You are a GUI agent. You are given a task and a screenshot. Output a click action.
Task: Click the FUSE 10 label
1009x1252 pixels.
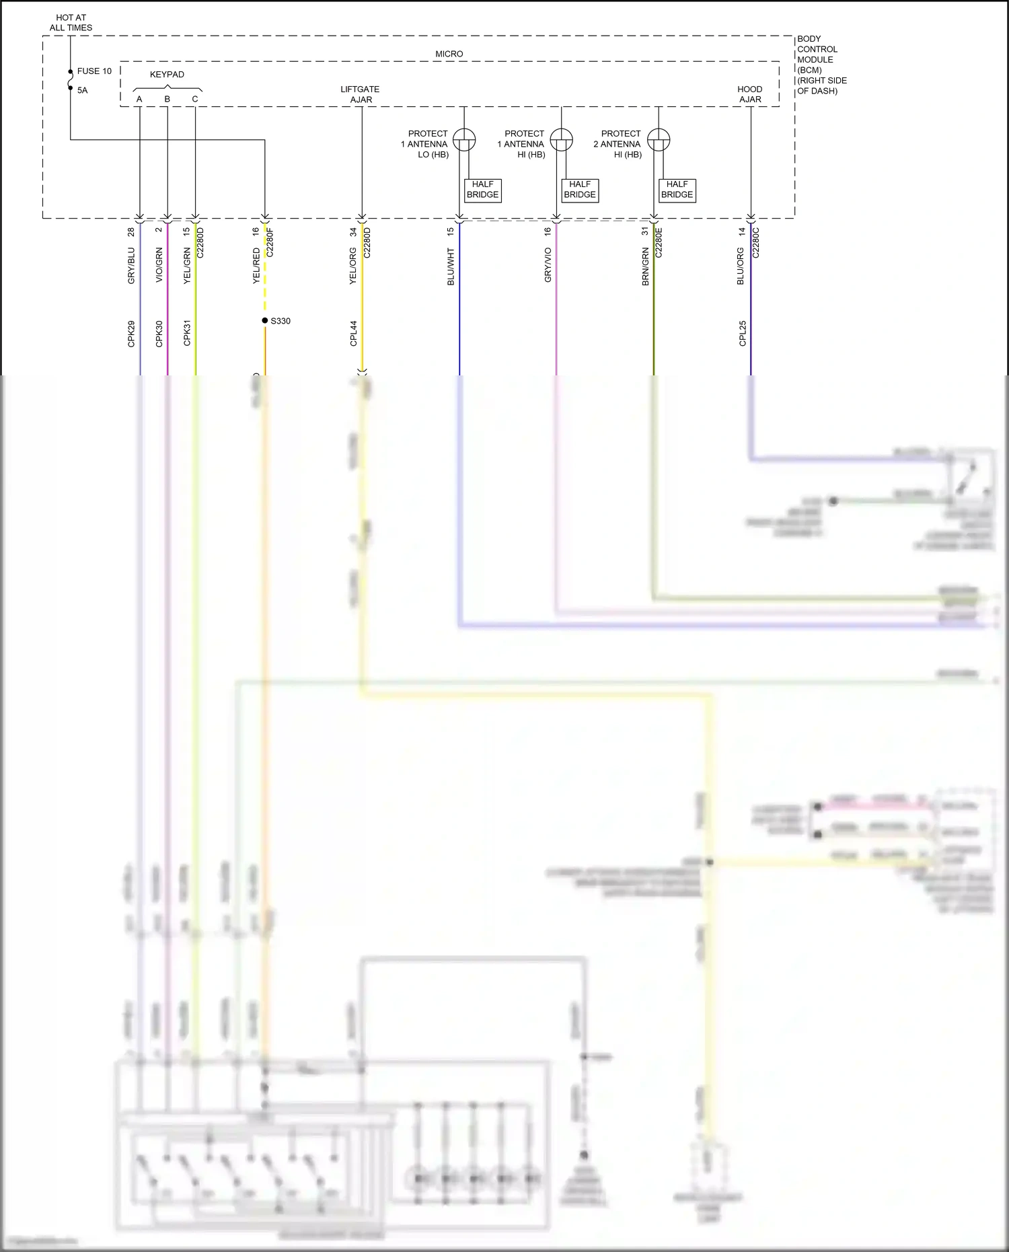pos(94,71)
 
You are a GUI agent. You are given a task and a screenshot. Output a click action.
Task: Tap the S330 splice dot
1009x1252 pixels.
pos(265,320)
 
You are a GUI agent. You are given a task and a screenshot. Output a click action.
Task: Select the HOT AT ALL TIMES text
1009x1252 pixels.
pos(71,23)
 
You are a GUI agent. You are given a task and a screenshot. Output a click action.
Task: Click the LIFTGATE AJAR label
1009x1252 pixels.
pos(361,94)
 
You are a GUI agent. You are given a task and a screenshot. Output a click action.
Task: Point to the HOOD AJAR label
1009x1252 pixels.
pos(750,94)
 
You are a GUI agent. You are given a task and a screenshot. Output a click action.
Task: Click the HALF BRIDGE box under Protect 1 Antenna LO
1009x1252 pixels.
pos(483,190)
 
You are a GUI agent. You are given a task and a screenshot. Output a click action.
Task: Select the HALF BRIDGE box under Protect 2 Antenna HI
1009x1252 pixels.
pos(677,190)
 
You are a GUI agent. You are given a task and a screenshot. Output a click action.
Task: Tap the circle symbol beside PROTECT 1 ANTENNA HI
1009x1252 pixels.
pos(561,140)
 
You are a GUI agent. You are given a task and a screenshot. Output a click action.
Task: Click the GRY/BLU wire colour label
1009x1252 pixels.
pos(131,266)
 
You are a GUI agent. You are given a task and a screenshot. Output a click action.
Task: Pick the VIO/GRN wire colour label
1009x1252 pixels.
pos(159,265)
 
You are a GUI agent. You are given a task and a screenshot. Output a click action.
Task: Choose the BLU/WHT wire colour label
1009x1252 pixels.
pos(451,267)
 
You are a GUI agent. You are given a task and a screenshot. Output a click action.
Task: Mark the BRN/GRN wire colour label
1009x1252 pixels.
pos(645,266)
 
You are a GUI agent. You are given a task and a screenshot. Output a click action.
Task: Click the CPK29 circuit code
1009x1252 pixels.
pos(131,334)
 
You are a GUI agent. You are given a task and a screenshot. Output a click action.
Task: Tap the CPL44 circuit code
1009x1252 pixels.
pos(353,334)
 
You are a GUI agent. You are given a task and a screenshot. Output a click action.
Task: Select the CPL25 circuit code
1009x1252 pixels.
pos(743,334)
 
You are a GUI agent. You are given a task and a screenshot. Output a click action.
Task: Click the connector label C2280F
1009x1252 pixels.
pos(270,242)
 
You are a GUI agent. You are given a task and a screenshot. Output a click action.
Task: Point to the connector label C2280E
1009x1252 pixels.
pos(659,242)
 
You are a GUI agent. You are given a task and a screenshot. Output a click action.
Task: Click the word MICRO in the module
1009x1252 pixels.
pos(449,54)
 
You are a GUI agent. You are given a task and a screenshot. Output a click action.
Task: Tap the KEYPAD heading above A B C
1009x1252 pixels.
pos(167,75)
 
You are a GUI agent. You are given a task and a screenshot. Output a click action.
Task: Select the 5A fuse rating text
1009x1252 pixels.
pos(82,90)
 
